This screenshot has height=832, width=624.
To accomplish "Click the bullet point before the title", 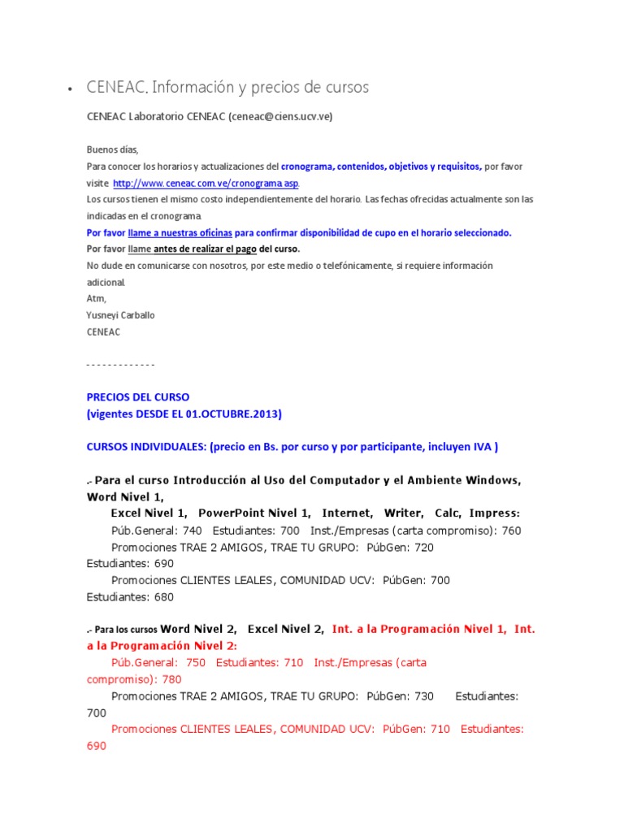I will coord(71,89).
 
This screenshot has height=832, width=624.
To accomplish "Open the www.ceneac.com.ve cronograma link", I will coord(206,184).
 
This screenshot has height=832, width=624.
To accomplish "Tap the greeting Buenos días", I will coord(113,149).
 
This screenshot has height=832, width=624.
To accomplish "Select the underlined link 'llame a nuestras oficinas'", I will coord(171,232).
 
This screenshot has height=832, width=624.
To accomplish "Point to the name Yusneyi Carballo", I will coord(121,315).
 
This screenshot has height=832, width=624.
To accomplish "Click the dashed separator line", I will coord(120,365).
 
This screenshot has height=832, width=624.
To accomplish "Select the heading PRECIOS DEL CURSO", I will coord(137,397).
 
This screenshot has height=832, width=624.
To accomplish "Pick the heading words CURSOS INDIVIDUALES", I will coord(145,447).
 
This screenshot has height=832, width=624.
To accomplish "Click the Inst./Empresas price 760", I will coord(511,531).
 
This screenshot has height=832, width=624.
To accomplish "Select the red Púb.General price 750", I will coord(195,662).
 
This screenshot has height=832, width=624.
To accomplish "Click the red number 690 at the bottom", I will coord(97,746).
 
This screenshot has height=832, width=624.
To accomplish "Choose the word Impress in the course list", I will coord(494,513).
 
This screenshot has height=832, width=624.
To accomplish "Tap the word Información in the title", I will coord(192,87).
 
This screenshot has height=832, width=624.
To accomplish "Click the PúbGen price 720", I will coord(422,548).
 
